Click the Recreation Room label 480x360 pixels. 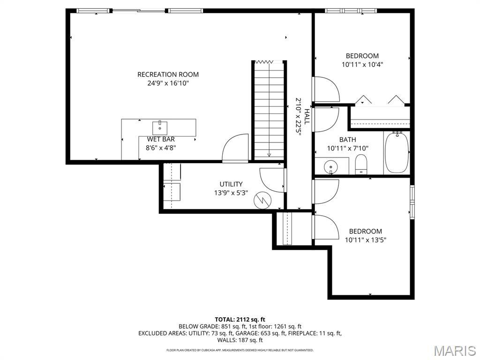168,75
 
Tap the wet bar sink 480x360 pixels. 160,128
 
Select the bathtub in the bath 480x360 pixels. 397,152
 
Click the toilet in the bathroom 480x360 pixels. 361,165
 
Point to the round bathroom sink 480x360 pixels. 331,167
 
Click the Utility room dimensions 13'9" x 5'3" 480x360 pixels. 231,193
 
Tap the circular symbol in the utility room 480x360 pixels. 262,201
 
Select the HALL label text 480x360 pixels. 307,116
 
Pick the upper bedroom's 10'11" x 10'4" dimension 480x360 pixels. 362,65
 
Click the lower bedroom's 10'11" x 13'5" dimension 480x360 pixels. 366,240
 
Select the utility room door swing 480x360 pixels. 273,180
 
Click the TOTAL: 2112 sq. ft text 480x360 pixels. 240,320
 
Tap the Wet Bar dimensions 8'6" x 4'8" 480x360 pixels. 161,148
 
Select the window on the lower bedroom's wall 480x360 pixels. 412,202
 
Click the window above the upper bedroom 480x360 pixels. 351,11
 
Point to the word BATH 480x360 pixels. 347,140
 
